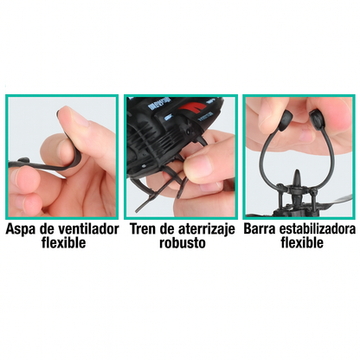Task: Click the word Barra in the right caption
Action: click(x=261, y=231)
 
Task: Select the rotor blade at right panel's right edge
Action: click(x=341, y=204)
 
